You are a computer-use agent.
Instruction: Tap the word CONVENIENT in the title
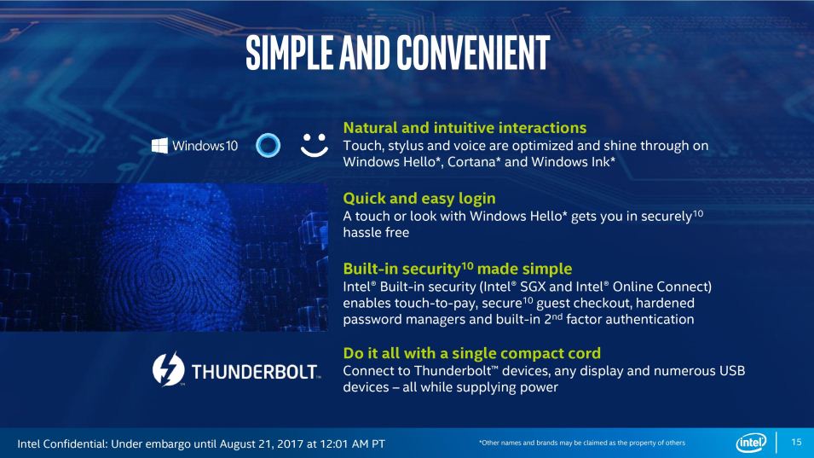click(473, 52)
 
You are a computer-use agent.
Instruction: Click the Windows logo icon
click(159, 146)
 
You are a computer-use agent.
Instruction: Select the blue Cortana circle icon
click(268, 145)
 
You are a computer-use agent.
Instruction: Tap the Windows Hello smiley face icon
click(315, 145)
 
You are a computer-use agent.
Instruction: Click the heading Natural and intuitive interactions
click(465, 128)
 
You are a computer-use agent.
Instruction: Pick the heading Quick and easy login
click(419, 199)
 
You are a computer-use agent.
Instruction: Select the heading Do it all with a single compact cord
click(471, 353)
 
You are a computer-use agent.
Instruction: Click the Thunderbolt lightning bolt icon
click(168, 369)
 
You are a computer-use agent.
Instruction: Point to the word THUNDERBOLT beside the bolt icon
click(254, 372)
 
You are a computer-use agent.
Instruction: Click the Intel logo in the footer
click(751, 443)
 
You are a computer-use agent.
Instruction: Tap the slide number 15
click(796, 442)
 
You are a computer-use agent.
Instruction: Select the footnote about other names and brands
click(582, 443)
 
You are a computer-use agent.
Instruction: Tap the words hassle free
click(376, 233)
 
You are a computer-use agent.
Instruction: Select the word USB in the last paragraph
click(732, 371)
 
